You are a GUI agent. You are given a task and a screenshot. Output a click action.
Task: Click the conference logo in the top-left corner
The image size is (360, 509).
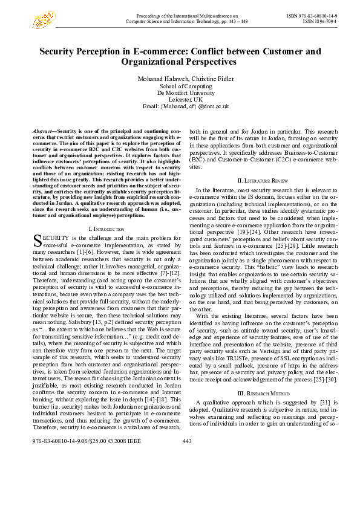point(44,19)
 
